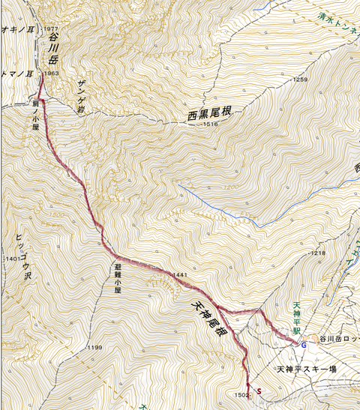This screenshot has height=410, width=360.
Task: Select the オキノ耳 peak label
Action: click(15, 30)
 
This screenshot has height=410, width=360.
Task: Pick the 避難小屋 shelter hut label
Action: click(118, 277)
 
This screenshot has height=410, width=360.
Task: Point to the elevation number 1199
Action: click(94, 348)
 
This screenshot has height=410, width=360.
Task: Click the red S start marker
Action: click(259, 391)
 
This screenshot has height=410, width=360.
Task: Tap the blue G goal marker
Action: click(303, 346)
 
